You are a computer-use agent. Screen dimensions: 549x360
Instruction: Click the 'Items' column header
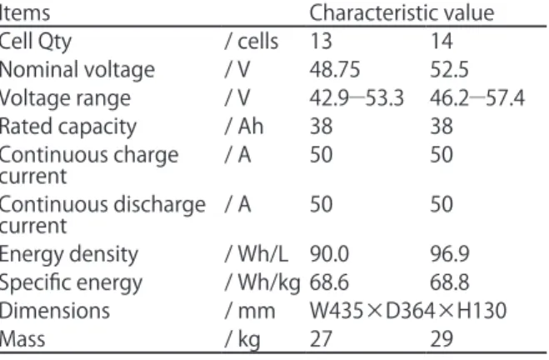25,13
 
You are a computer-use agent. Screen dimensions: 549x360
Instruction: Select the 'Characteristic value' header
402,13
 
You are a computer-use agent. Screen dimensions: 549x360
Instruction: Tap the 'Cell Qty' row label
35,42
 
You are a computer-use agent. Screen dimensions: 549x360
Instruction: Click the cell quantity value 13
321,42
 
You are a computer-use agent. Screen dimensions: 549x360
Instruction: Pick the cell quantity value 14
442,42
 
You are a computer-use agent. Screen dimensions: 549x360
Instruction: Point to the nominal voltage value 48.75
335,69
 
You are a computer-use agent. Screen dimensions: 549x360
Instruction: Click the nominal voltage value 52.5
449,69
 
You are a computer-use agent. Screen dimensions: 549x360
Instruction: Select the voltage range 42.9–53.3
357,97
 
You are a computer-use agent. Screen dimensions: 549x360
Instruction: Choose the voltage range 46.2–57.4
477,97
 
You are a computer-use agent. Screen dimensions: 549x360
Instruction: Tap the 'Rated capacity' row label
68,127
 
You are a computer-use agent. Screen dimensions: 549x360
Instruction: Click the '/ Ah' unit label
244,126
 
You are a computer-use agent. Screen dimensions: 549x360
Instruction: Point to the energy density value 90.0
329,254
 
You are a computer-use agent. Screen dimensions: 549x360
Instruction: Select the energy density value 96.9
450,254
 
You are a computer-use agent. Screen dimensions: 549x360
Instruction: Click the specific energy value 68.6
329,282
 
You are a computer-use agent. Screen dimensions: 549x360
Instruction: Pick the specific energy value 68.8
450,282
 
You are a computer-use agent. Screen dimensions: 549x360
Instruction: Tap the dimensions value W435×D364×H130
408,311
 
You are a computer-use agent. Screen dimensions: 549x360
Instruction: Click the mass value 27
321,339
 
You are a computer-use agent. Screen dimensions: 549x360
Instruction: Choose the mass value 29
442,339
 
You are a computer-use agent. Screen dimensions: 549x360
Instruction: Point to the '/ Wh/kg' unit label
262,283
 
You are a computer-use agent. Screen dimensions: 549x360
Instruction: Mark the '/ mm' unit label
250,311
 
